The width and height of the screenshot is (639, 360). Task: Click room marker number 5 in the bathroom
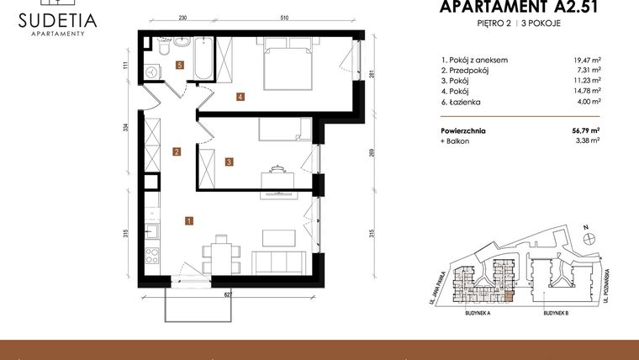[x=179, y=64]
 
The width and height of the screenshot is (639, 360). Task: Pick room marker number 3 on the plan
[x=229, y=161]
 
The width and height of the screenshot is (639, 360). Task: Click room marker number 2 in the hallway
[x=177, y=152]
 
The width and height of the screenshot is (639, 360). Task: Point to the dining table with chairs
[x=221, y=251]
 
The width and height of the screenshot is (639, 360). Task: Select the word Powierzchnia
[x=463, y=131]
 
